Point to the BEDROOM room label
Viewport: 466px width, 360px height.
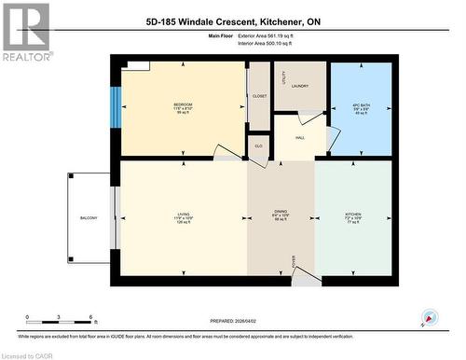(x=183, y=104)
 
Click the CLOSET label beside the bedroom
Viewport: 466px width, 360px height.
(x=259, y=96)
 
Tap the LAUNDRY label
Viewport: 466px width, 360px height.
(x=300, y=87)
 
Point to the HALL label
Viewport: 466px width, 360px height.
(x=300, y=138)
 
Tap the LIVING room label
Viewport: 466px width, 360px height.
(x=184, y=215)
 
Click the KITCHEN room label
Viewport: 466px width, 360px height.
(x=352, y=215)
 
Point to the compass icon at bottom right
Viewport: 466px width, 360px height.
(x=430, y=317)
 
